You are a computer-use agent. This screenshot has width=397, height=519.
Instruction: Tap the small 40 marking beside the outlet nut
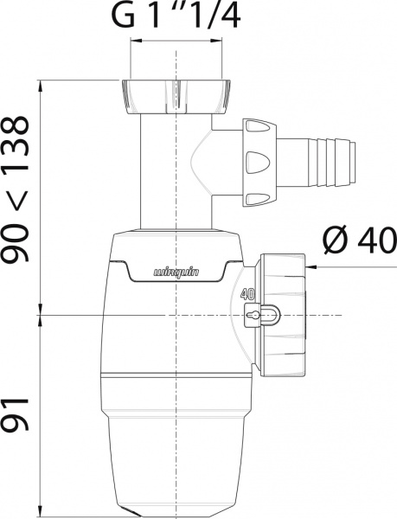[x=248, y=294]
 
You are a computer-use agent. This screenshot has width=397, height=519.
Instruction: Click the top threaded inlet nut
[x=176, y=97]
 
